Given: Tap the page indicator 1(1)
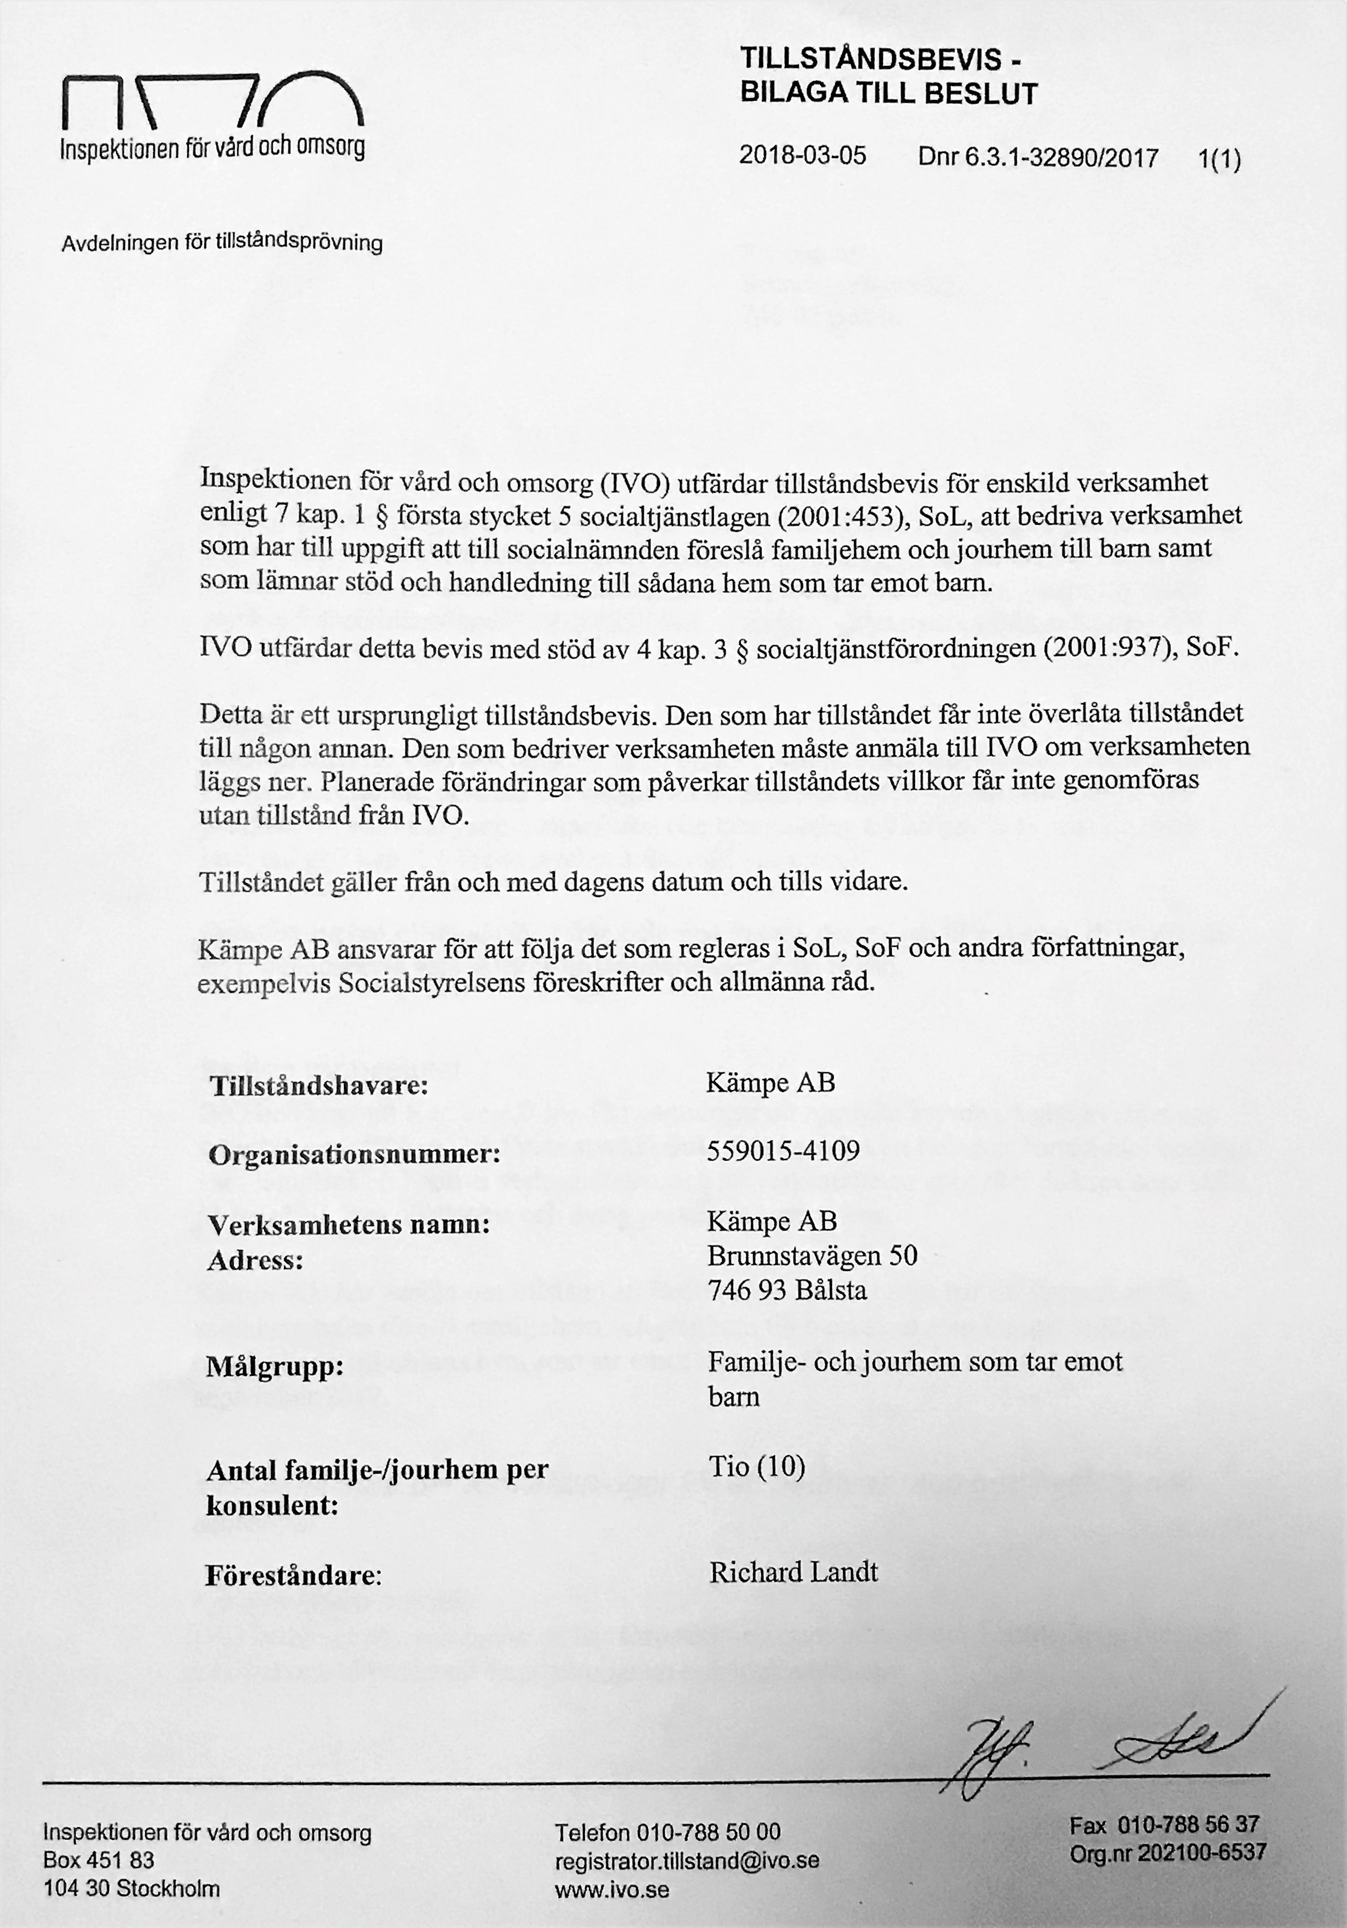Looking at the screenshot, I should (1220, 159).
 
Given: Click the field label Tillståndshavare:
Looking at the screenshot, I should (319, 1086).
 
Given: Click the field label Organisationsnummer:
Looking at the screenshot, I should (354, 1155).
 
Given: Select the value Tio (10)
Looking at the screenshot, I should (757, 1467).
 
